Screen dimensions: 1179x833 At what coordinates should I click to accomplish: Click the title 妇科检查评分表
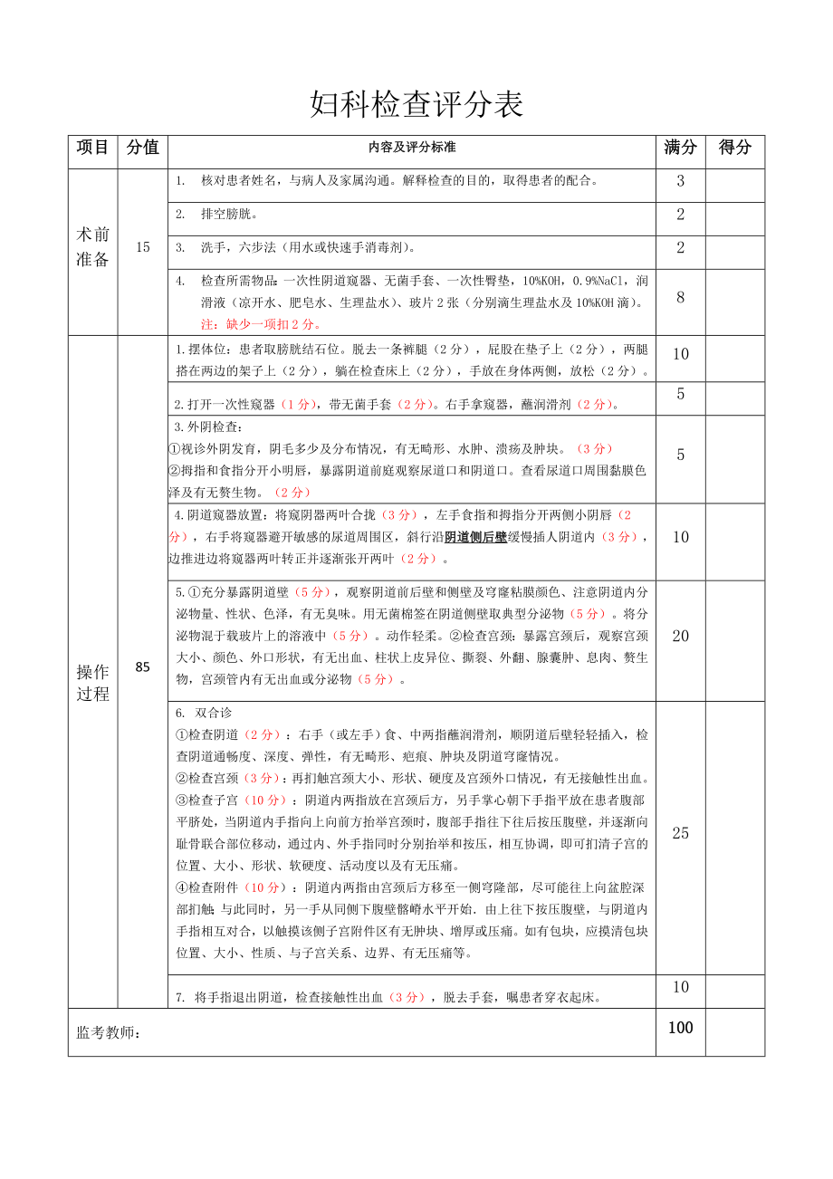pos(416,105)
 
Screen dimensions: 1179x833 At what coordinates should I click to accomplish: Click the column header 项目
pos(92,148)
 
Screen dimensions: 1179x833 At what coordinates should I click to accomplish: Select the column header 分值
pos(142,148)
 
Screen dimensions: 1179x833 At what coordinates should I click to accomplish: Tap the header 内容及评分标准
pos(412,147)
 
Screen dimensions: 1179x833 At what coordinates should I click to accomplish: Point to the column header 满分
pos(680,148)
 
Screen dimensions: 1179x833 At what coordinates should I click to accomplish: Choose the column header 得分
pos(734,148)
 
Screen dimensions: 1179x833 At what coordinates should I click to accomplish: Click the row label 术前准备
pos(92,247)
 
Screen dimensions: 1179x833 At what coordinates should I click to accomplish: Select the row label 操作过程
pos(92,683)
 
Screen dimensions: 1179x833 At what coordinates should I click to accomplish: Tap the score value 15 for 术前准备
pos(142,247)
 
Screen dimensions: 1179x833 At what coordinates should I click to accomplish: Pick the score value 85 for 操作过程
pos(142,667)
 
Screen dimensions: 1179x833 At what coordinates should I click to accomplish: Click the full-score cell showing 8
pos(681,297)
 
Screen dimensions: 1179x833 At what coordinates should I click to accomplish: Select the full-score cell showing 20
pos(681,637)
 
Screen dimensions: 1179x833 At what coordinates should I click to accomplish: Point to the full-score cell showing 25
pos(681,833)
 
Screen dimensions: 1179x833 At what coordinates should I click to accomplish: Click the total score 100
pos(681,1028)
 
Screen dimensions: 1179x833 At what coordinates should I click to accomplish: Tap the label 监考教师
pos(110,1032)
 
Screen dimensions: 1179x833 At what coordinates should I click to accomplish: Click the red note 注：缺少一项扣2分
pos(261,324)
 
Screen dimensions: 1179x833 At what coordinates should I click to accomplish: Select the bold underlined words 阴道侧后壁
pos(475,537)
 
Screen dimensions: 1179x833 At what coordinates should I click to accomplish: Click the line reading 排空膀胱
pos(230,215)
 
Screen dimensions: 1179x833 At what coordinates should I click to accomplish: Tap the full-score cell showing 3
pos(681,181)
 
